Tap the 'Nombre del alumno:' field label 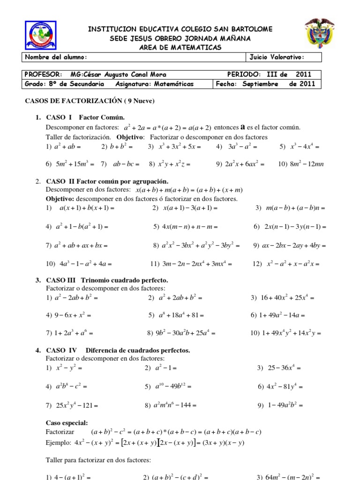click(56, 57)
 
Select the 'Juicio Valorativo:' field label click(277, 57)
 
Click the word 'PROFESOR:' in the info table click(43, 75)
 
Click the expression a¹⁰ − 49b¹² click(172, 387)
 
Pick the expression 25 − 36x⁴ click(281, 368)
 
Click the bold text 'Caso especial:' click(67, 422)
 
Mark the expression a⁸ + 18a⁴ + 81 click(180, 315)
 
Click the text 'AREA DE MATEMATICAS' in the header click(180, 47)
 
